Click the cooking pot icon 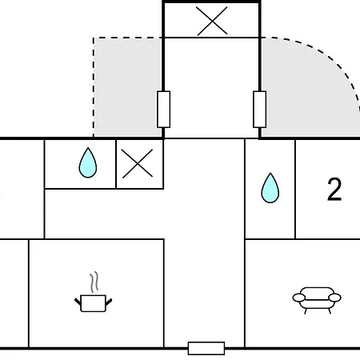coord(93,303)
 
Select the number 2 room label coord(334,190)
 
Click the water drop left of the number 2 coord(270,188)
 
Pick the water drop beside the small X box coord(88,162)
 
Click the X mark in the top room coord(212,21)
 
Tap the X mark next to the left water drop coord(138,163)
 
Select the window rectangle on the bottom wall coord(206,348)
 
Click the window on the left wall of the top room coord(164,110)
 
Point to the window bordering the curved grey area coord(259,110)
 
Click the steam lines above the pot coord(94,282)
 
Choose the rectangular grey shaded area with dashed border coord(128,87)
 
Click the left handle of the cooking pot coord(78,302)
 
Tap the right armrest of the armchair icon coord(334,298)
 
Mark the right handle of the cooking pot coord(109,302)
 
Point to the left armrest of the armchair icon coord(299,298)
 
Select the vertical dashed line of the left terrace coord(94,87)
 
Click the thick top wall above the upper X coord(211,2)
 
